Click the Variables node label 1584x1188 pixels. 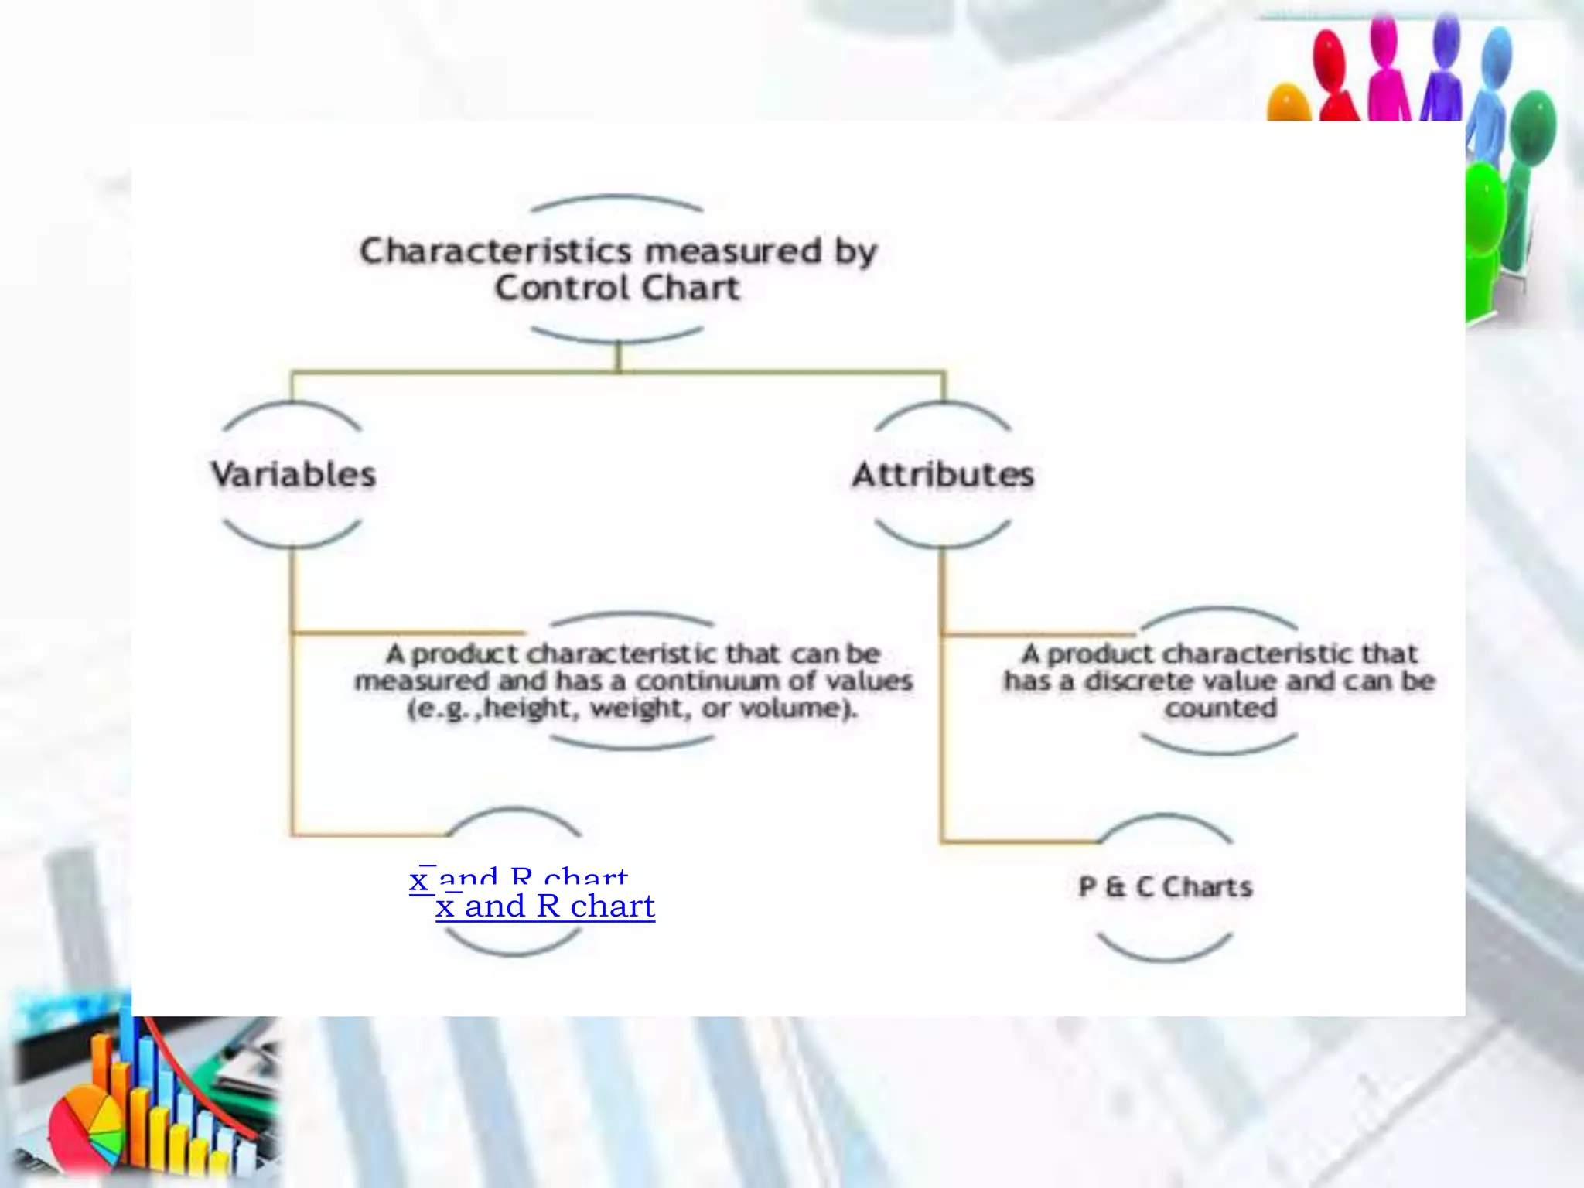[x=293, y=474]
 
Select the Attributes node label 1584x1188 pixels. [x=943, y=474]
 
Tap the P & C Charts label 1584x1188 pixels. [x=1165, y=886]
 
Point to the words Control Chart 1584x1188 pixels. [x=617, y=288]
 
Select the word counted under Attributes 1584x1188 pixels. [x=1220, y=708]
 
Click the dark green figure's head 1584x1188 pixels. [x=1532, y=124]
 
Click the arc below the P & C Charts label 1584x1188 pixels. [x=1164, y=950]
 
